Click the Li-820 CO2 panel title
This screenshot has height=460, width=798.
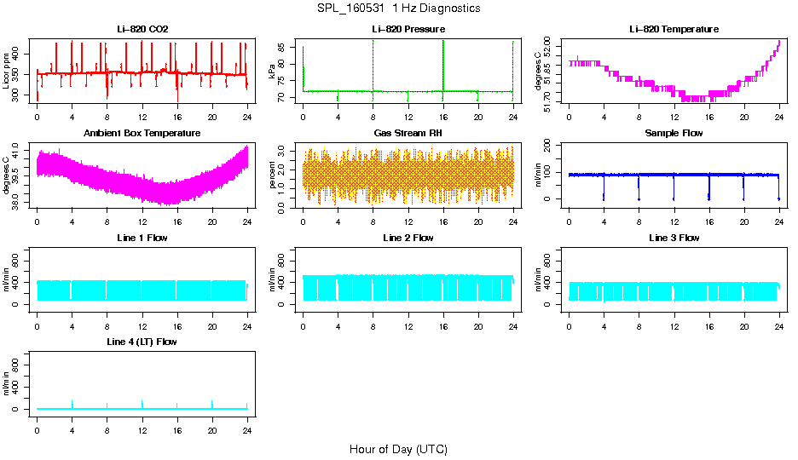[x=142, y=29]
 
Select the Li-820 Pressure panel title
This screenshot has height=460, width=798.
[x=408, y=29]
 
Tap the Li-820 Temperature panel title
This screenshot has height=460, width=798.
[x=674, y=29]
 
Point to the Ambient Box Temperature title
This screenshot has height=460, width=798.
[x=142, y=134]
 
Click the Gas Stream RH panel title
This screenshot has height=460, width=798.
[x=408, y=134]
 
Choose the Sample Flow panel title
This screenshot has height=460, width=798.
[x=674, y=134]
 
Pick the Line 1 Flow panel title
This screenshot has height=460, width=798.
[x=142, y=238]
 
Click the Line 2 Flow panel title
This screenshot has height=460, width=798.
[x=408, y=238]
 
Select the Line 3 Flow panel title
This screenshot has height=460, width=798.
[x=674, y=238]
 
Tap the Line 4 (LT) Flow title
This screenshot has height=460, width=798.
[x=142, y=342]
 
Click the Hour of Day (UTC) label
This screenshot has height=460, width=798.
[x=398, y=449]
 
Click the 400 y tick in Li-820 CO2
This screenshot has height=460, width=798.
[x=20, y=54]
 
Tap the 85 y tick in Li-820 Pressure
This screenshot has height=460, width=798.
[x=286, y=49]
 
